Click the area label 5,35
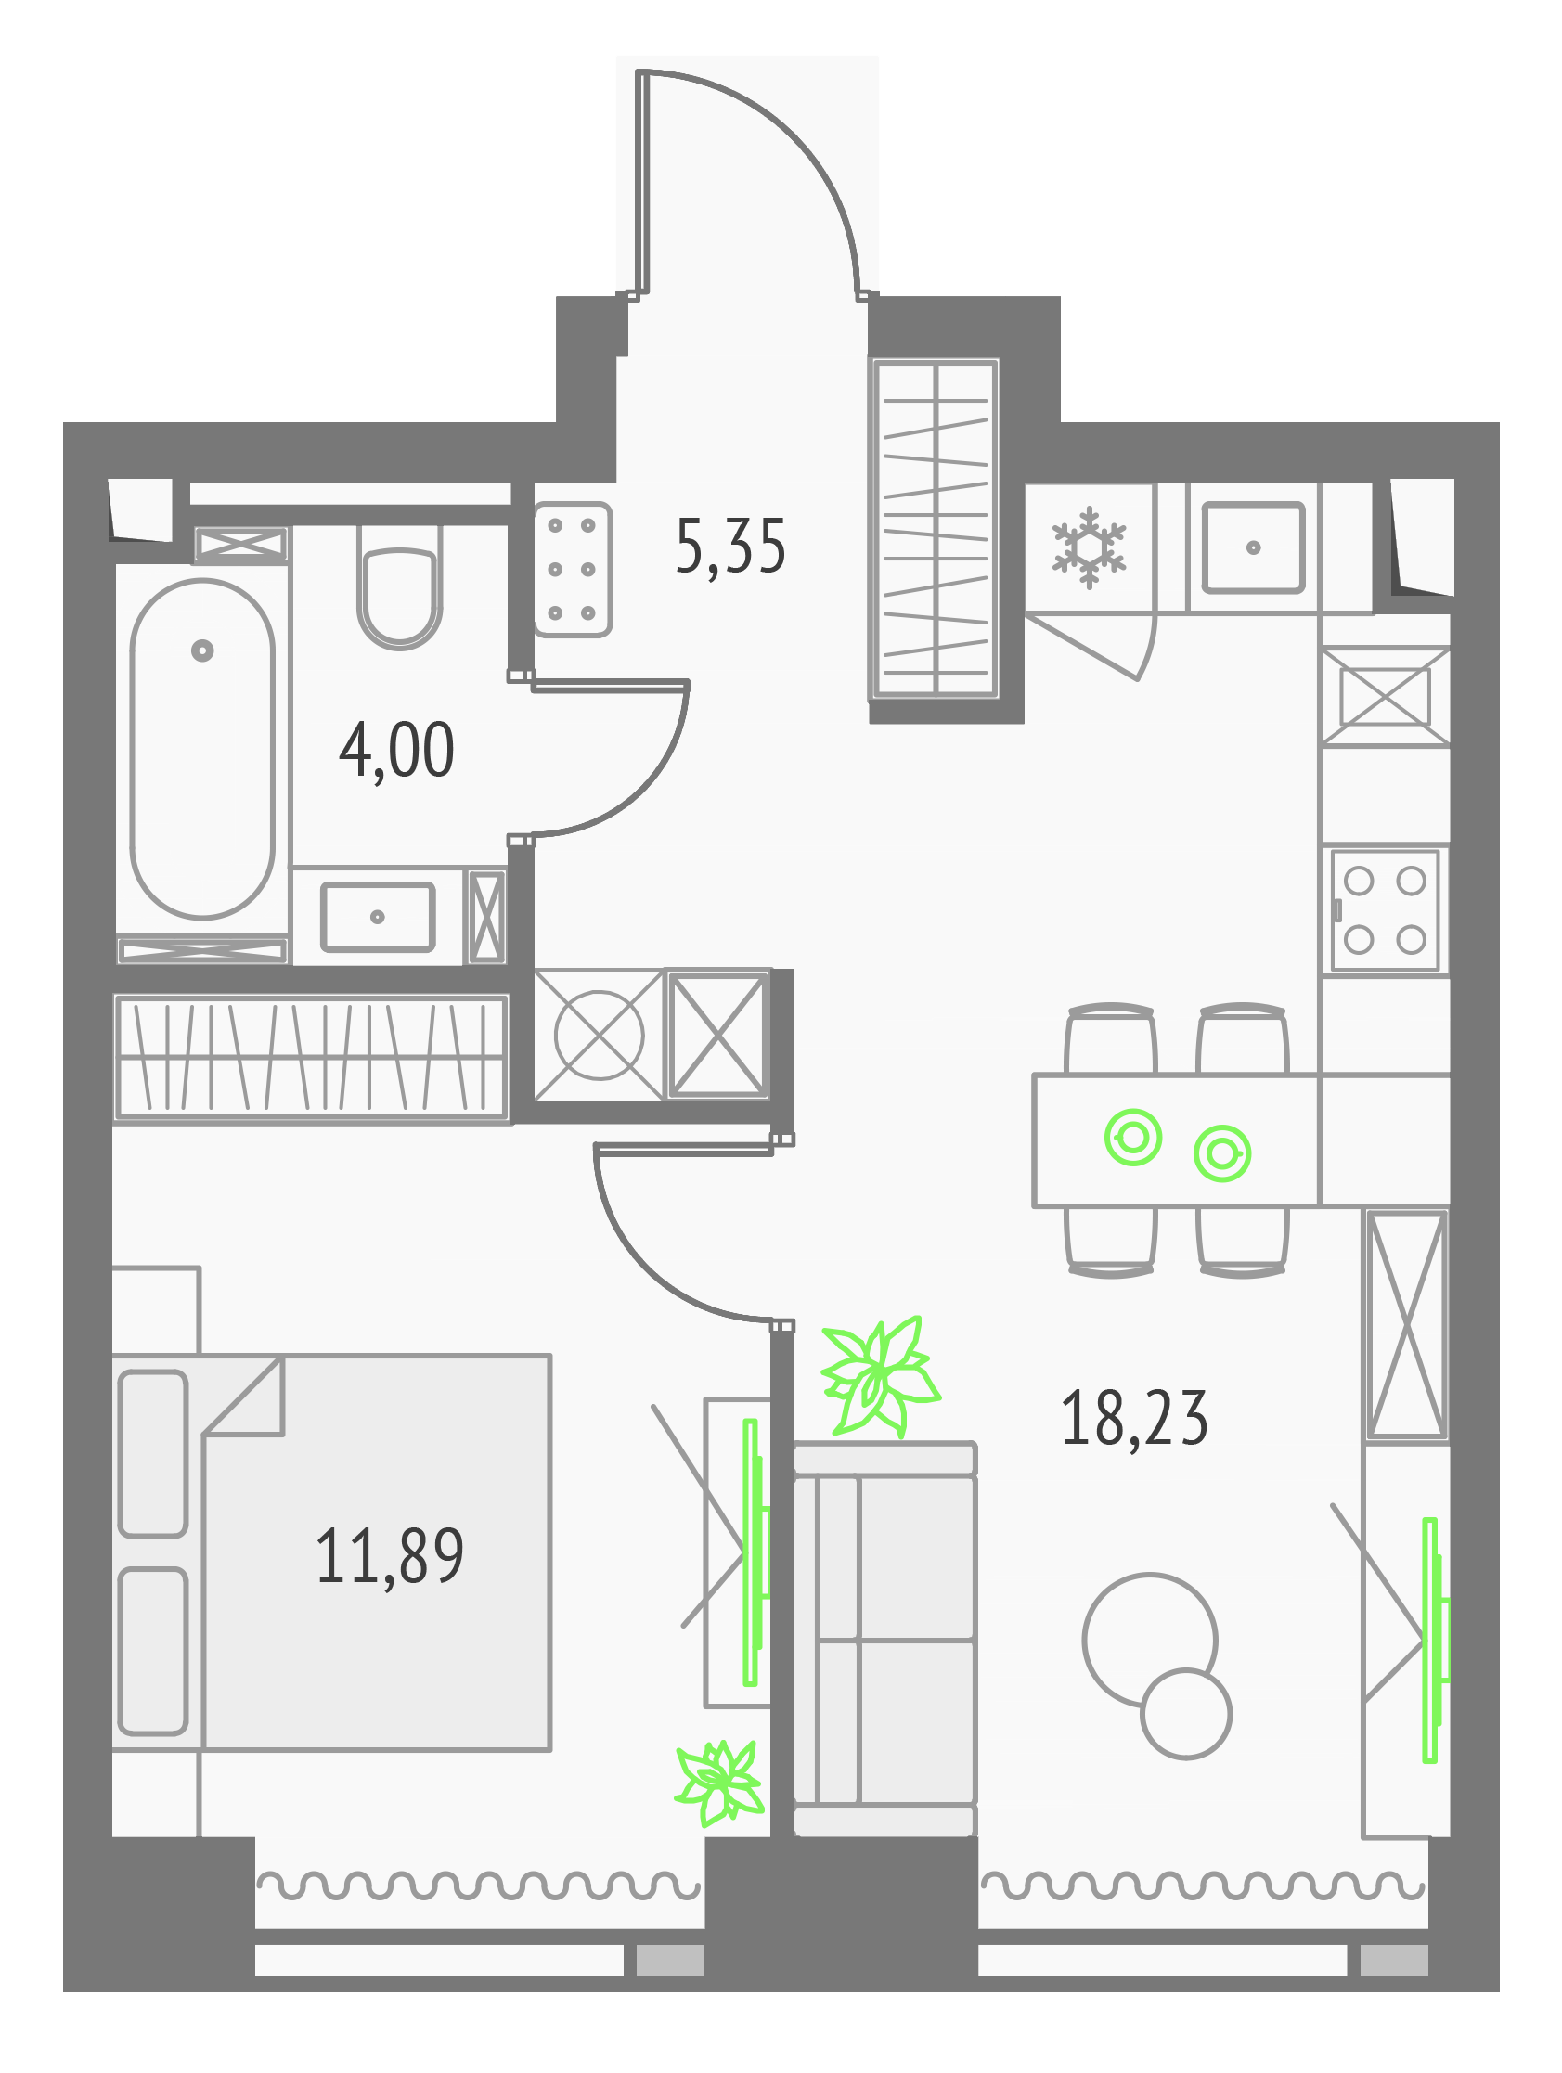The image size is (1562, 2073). point(730,547)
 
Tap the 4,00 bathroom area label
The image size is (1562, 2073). point(396,750)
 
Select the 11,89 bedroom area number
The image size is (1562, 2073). point(390,1556)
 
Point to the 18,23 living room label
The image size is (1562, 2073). point(1134,1419)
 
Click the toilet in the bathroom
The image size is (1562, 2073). point(399,586)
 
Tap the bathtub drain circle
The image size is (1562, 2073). point(202,650)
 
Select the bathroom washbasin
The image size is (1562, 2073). point(378,917)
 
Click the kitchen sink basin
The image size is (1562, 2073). point(1254,548)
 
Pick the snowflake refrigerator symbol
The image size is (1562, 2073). point(1089,548)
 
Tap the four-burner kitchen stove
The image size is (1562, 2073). point(1385,910)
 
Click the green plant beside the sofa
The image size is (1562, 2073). point(880,1377)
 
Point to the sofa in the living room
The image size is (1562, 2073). point(885,1639)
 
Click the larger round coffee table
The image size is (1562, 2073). point(1085,1640)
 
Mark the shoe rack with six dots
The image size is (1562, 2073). point(572,570)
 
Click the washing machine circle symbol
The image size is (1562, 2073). point(600,1036)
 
